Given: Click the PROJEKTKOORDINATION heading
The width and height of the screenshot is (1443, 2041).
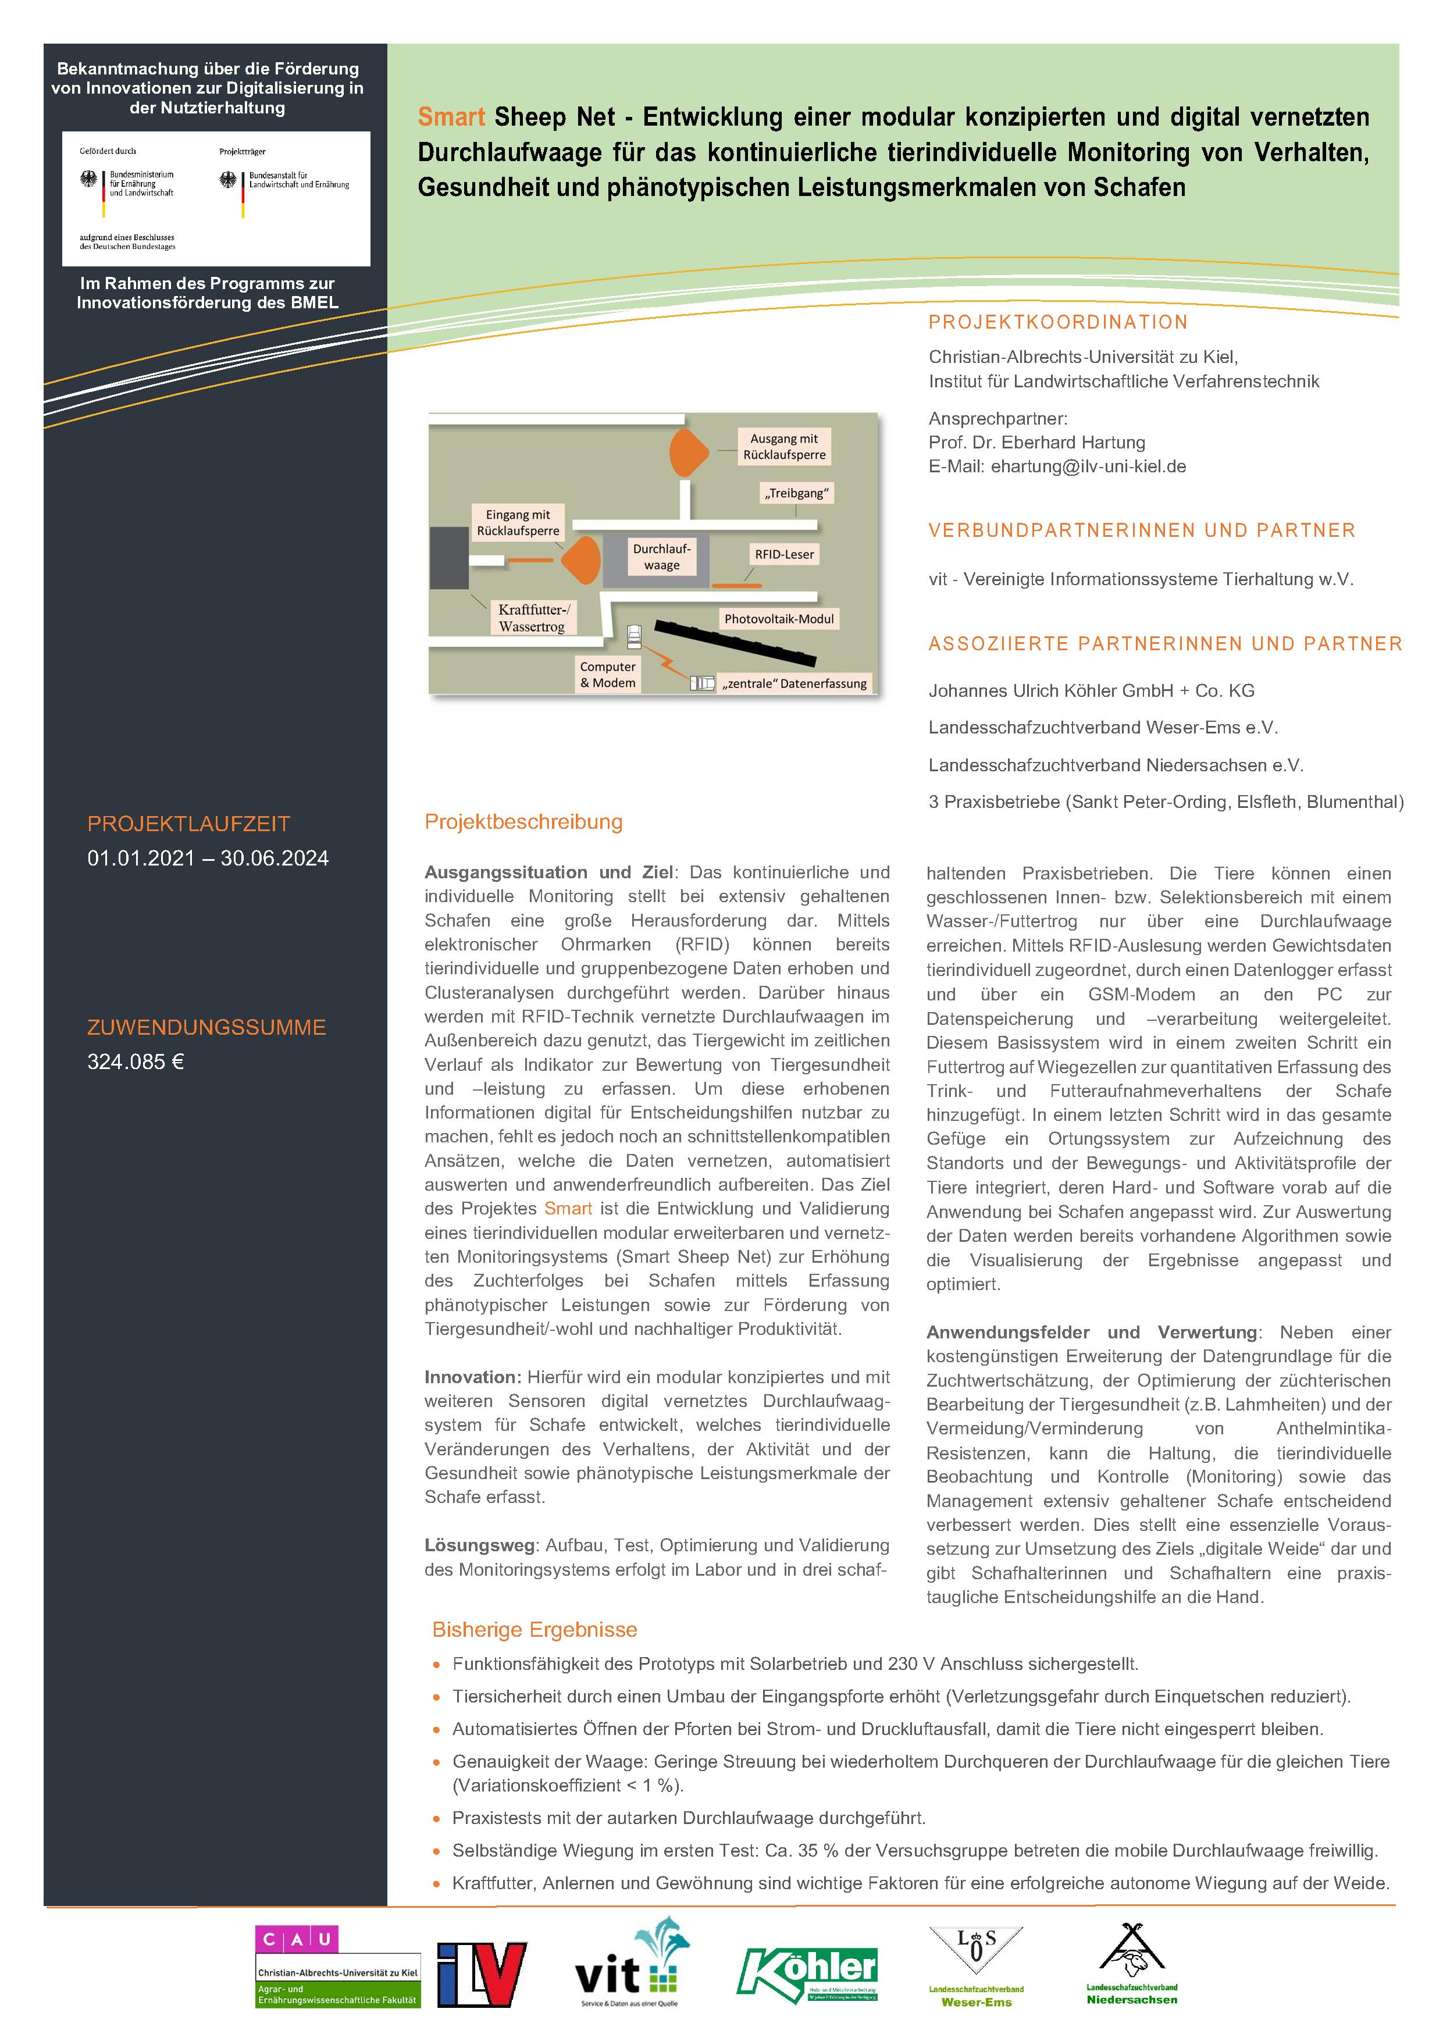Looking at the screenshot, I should click(x=1058, y=322).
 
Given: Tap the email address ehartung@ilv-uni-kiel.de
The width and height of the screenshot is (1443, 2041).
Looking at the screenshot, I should click(x=1088, y=466).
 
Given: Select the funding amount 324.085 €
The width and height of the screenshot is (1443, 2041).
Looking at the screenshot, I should click(x=135, y=1062).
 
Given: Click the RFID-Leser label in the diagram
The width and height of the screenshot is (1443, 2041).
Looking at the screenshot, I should click(x=784, y=554).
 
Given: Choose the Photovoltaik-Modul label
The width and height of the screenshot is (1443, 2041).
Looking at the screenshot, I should click(x=779, y=619).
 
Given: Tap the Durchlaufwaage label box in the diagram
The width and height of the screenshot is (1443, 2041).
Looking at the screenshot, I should click(x=661, y=557).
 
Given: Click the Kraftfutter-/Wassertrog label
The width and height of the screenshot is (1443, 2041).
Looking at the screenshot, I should click(x=533, y=618).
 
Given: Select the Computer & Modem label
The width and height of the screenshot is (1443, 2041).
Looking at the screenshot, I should click(x=608, y=675).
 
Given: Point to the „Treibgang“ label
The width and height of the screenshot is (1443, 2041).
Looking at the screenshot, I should click(x=797, y=493).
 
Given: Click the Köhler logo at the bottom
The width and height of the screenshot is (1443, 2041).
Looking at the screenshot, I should click(x=807, y=1975).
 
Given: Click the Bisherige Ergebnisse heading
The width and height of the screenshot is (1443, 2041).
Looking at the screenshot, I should click(x=535, y=1629).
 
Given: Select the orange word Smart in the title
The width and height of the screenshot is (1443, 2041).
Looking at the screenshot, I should click(x=451, y=117).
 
